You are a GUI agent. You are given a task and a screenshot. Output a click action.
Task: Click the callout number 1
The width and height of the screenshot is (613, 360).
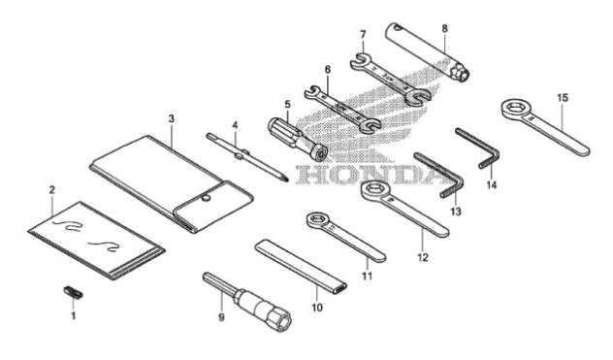pyautogui.click(x=71, y=314)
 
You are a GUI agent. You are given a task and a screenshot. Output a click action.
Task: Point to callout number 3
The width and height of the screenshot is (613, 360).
pyautogui.click(x=171, y=119)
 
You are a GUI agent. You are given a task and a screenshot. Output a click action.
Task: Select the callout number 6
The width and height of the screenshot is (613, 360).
pyautogui.click(x=328, y=71)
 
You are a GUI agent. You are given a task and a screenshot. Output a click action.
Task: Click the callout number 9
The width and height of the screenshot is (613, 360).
pyautogui.click(x=221, y=317)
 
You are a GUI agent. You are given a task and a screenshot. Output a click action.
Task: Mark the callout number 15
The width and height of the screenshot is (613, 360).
pyautogui.click(x=563, y=97)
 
